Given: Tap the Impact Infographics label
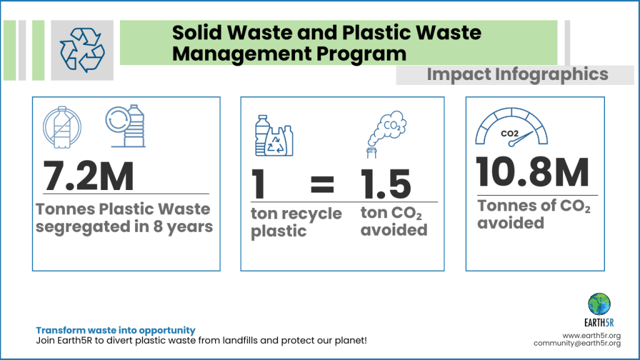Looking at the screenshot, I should coord(517,74).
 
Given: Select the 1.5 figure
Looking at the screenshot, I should coord(386,184).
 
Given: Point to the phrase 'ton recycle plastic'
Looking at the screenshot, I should coord(296,222).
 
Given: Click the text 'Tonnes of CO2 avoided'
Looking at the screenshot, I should coord(534,214).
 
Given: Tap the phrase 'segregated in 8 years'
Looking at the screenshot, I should coord(124,226).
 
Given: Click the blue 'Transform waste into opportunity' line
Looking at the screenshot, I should coord(116,330).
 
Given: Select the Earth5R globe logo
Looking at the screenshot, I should coord(599,304).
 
